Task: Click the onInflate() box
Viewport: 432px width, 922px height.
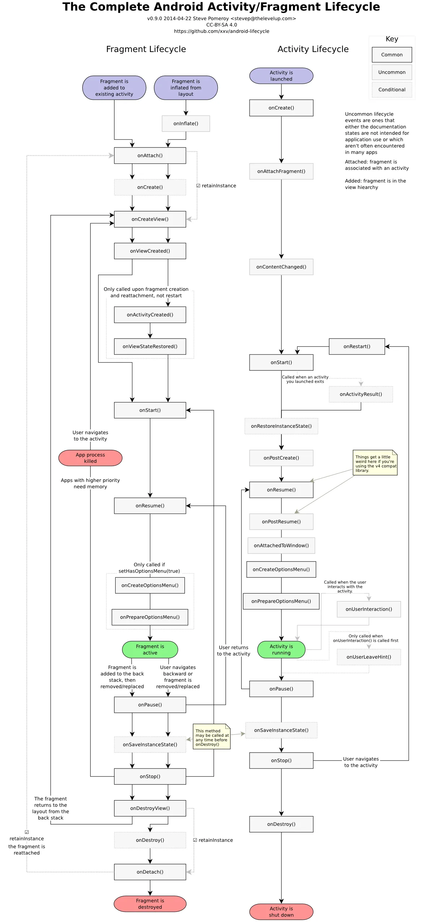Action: [x=186, y=124]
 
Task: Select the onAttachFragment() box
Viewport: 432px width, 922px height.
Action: [x=281, y=171]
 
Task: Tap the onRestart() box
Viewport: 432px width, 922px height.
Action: [x=357, y=346]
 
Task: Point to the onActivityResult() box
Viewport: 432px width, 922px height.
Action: [x=360, y=394]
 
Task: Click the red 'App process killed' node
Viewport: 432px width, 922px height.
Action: [x=90, y=458]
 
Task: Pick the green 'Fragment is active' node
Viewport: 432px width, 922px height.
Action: [x=150, y=649]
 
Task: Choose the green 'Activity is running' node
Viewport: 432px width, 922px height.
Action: [x=281, y=649]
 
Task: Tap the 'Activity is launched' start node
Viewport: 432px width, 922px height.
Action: [x=281, y=76]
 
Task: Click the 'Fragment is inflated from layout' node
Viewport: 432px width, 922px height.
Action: [x=186, y=88]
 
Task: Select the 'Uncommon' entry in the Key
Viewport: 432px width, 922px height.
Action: [x=392, y=72]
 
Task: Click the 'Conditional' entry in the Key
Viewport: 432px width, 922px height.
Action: [x=392, y=90]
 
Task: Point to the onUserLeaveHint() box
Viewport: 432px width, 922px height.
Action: [x=368, y=657]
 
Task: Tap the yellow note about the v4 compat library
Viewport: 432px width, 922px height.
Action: [x=375, y=463]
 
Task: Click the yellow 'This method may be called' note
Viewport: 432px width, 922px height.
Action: [x=212, y=737]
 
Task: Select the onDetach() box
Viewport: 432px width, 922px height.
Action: [x=150, y=872]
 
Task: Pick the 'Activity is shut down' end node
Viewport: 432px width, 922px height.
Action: [x=281, y=912]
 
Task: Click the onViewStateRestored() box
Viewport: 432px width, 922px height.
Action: [x=150, y=346]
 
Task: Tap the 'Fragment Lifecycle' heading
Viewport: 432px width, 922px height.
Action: [x=146, y=49]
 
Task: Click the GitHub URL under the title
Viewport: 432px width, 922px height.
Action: [x=221, y=31]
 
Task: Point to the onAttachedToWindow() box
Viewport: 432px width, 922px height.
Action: [x=281, y=546]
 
